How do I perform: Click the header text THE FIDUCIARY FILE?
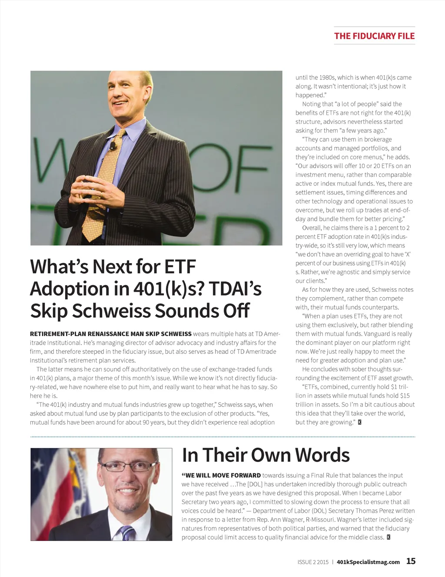(x=374, y=36)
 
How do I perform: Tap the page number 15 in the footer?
(x=411, y=561)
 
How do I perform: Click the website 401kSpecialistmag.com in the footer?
(x=368, y=562)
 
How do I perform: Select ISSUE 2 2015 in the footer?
(x=313, y=562)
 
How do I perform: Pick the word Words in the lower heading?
(x=322, y=455)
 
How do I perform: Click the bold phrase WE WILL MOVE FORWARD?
(x=223, y=475)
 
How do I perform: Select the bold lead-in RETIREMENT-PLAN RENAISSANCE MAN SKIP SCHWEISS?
(x=111, y=334)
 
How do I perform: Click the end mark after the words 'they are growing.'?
(x=359, y=422)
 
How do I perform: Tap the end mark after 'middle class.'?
(x=389, y=537)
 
